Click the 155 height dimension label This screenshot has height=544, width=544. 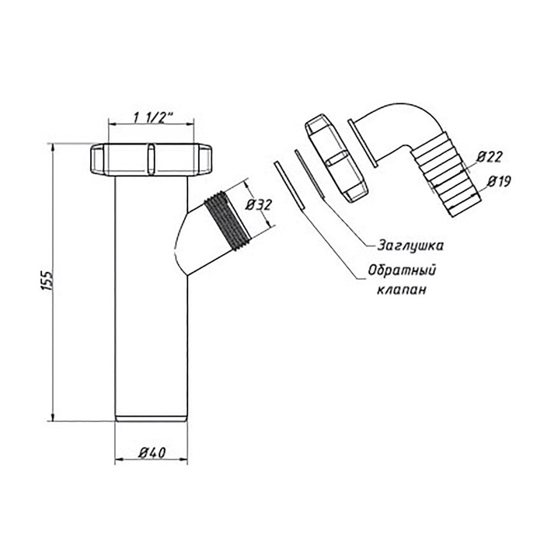pos(48,281)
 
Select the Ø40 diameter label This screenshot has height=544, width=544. pos(152,452)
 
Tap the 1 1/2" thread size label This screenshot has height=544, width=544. pos(153,118)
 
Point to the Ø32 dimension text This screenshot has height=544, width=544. pos(259,205)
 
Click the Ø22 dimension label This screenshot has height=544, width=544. pos(489,157)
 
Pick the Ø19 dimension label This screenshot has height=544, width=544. pos(500,181)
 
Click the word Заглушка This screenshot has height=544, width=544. pos(410,246)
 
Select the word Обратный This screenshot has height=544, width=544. pos(402,270)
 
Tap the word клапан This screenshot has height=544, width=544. pos(402,289)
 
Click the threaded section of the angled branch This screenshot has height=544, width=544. pos(227,221)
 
